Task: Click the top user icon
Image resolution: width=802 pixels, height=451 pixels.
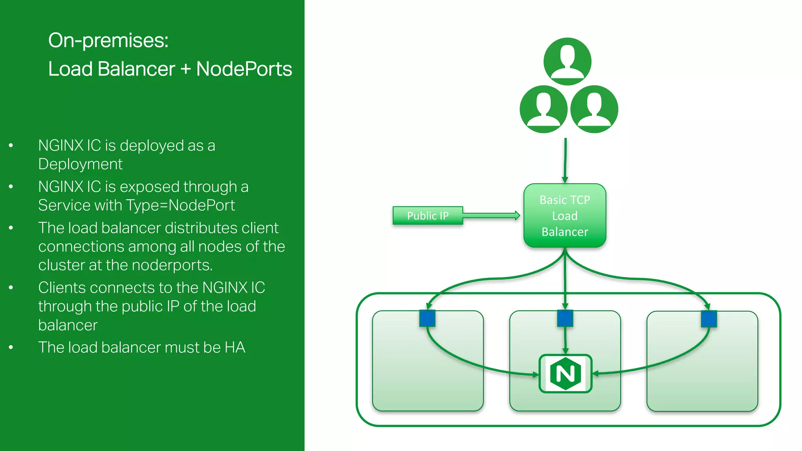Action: coord(567,61)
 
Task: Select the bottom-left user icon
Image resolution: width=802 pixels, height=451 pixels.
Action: coord(544,109)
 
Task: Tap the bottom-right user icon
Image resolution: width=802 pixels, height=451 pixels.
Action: coord(594,109)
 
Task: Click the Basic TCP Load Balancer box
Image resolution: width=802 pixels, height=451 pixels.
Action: coord(565,216)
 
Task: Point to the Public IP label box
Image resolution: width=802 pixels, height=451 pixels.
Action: coord(428,216)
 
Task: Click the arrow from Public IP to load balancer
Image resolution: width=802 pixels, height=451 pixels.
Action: coord(491,215)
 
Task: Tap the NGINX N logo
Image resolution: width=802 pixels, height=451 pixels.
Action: coord(565,373)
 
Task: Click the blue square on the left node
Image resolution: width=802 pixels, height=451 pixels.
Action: coord(427,318)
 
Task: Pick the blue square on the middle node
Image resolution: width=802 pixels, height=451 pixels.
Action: coord(565,318)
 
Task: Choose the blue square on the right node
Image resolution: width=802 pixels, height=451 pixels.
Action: coord(709,319)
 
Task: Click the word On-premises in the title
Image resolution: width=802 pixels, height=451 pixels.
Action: coord(108,40)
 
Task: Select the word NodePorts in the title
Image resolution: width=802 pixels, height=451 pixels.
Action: coord(244,69)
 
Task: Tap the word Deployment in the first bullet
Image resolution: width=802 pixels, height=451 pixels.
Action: coord(80,164)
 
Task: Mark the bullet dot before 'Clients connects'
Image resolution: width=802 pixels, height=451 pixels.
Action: coord(11,288)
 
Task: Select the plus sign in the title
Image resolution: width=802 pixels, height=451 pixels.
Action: coord(186,69)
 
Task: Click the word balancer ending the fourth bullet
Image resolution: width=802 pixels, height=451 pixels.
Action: coord(68,325)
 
